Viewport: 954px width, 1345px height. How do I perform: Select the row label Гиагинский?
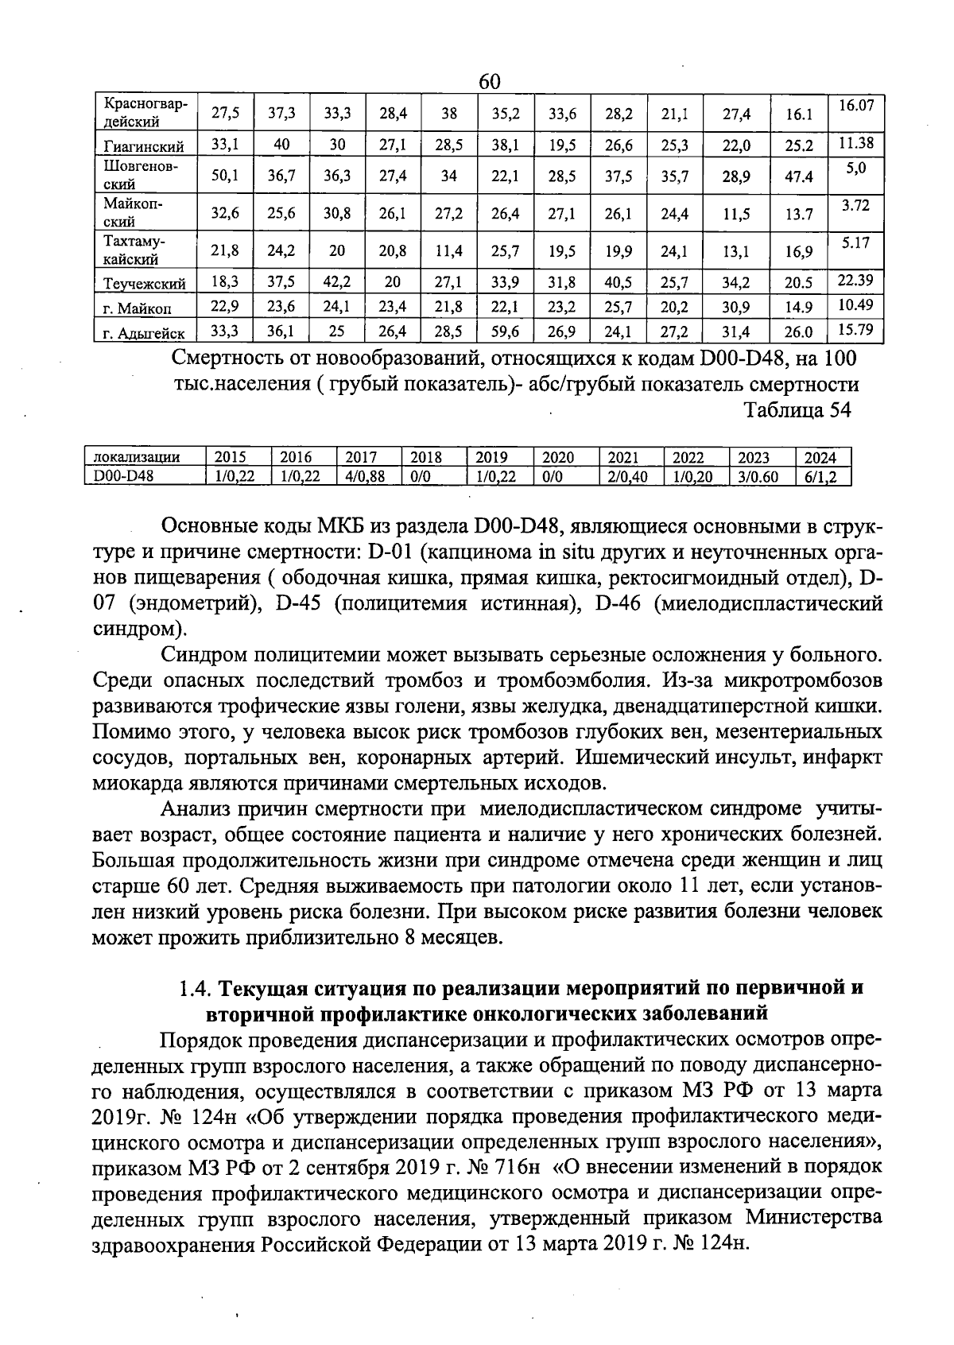pos(144,146)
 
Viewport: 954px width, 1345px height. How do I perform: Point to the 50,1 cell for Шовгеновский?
pos(225,176)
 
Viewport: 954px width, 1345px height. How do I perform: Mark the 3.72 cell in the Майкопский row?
pos(855,205)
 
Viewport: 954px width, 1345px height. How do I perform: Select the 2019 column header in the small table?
pos(491,457)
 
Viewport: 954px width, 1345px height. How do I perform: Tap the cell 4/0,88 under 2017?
pos(366,475)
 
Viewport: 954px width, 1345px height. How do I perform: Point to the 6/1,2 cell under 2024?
pos(825,475)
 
